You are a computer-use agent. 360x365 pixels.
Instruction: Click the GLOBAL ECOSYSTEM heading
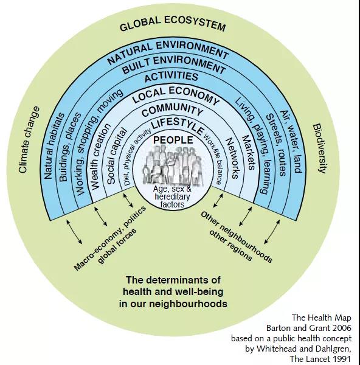[x=173, y=23]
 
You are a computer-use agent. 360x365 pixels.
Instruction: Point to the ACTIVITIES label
[x=171, y=77]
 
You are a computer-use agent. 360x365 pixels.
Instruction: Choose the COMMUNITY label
[x=172, y=110]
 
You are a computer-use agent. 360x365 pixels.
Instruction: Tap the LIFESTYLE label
[x=178, y=126]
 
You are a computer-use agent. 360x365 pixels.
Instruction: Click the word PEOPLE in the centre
[x=173, y=140]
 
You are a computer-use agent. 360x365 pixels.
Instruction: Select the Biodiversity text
[x=320, y=148]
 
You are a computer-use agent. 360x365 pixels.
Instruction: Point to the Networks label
[x=232, y=158]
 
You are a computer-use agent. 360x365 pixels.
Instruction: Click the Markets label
[x=249, y=153]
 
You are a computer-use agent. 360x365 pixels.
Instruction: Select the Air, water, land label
[x=291, y=142]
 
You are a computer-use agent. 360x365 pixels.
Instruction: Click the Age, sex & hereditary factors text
[x=172, y=196]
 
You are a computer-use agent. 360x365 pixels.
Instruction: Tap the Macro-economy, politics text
[x=110, y=238]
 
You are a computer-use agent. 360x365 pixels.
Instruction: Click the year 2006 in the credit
[x=342, y=328]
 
